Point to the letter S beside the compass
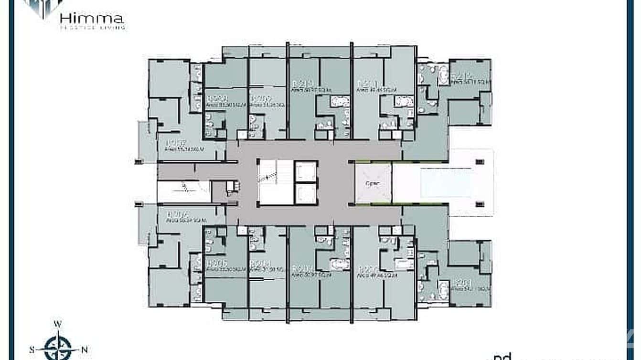click(32, 349)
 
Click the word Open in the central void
click(373, 184)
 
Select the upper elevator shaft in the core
click(306, 171)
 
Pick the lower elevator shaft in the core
click(306, 194)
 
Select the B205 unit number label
click(216, 263)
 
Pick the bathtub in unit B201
click(443, 289)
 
